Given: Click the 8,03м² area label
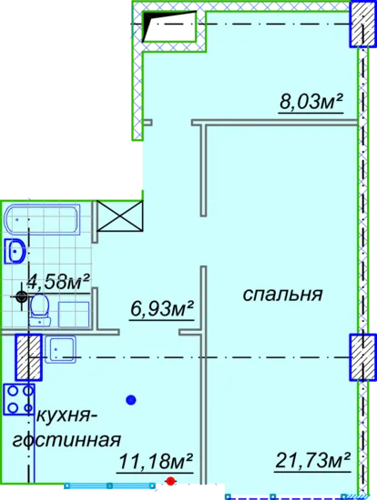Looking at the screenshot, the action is coord(311,102).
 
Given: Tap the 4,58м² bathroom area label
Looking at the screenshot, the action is coord(58,282).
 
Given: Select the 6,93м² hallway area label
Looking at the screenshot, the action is coord(162,309).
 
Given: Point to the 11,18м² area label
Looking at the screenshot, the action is coord(155,462).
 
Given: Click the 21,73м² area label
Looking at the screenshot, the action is coord(312,461).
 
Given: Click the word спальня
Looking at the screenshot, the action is coord(282,294).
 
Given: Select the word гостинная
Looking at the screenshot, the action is coord(66,441).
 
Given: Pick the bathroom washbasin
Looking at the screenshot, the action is coord(15,251).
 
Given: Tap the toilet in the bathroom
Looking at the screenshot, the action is coord(40,310).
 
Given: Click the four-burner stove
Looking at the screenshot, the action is coord(19,399).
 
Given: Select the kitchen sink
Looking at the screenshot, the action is coord(60,349).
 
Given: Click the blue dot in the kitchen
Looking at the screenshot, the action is coord(131,400).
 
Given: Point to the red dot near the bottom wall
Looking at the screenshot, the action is coord(171,481).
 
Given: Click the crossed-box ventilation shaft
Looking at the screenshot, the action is coord(119,215).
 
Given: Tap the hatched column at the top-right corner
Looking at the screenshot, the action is coord(362,24).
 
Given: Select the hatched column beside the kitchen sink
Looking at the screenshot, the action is coord(28,357).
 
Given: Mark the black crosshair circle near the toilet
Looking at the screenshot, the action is coord(22,297).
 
